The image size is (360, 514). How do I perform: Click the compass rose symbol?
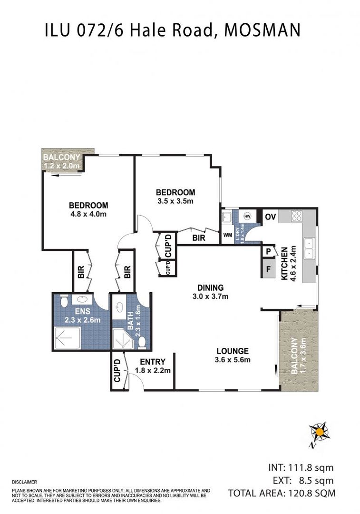[x=320, y=432]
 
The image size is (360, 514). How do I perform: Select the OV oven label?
[x=271, y=217]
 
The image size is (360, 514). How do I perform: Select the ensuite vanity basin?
[x=78, y=301]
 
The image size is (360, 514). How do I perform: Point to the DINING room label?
[x=211, y=287]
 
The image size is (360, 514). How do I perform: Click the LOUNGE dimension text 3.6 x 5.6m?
[x=233, y=360]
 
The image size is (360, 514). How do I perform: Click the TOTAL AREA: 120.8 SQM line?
[x=282, y=493]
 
